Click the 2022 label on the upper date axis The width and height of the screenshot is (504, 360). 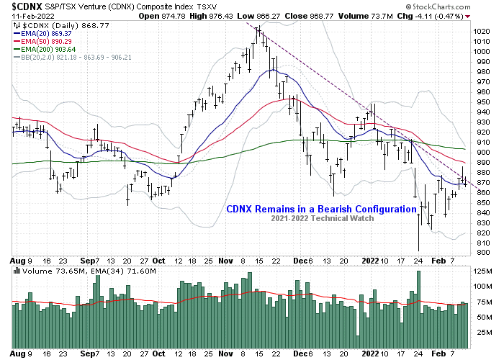370,261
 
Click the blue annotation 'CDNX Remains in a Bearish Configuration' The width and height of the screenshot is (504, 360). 322,210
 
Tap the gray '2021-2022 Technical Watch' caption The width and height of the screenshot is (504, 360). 322,218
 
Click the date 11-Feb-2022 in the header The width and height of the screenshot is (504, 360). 22,16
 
